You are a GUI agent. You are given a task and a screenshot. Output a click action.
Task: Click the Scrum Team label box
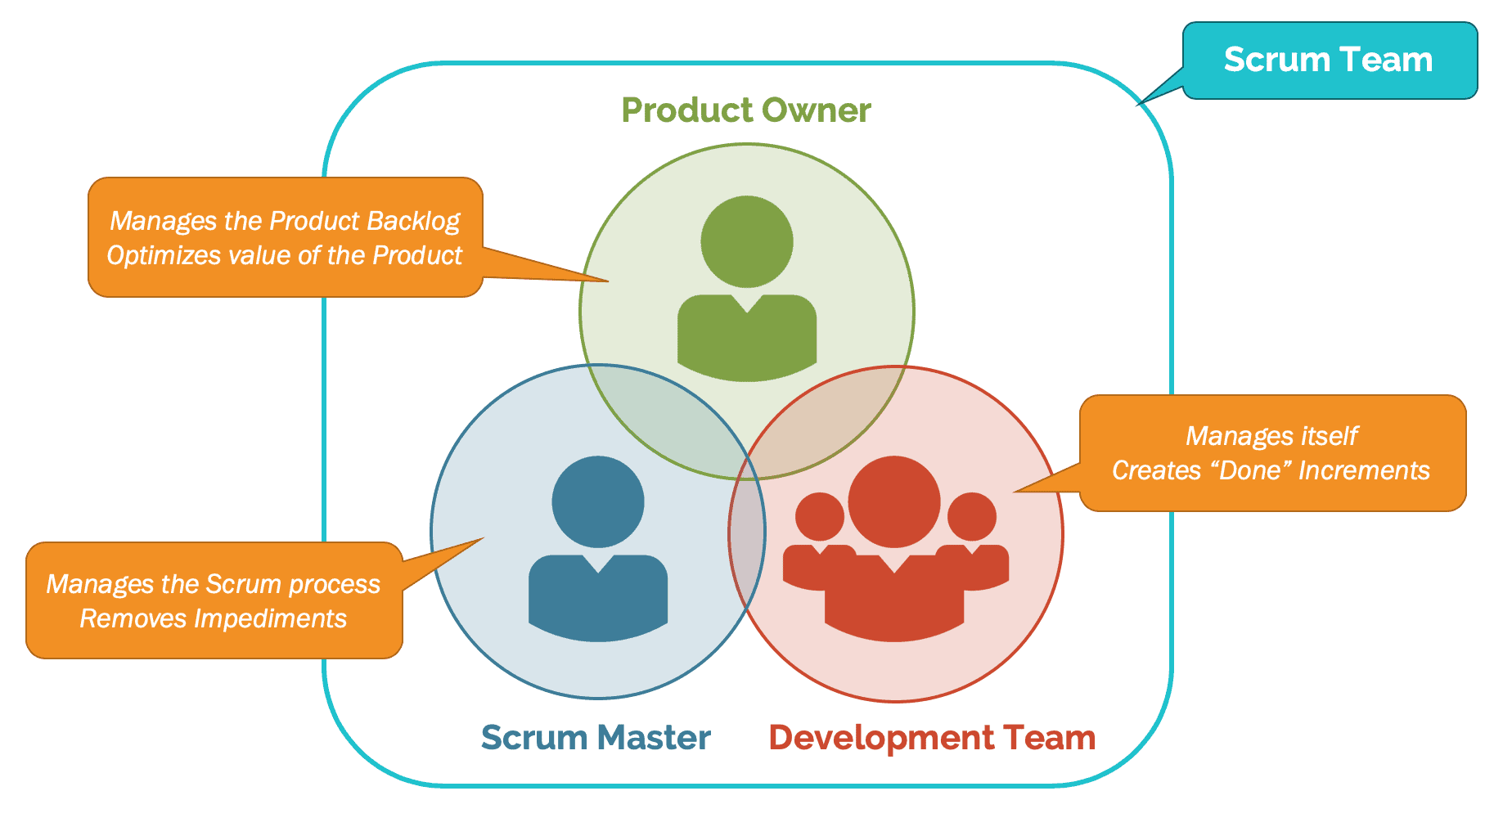coord(1329,61)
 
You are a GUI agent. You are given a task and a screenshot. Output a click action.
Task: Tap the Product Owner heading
coord(745,110)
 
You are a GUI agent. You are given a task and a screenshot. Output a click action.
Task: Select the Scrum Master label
coord(595,737)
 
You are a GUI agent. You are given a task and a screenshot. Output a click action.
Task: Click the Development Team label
coord(931,737)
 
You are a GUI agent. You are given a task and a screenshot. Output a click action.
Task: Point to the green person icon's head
coord(746,241)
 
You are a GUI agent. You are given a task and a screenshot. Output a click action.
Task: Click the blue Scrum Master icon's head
coord(598,501)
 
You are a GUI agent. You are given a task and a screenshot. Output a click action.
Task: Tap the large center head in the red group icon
coord(894,501)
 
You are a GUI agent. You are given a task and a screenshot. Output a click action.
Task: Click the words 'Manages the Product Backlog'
coord(284,221)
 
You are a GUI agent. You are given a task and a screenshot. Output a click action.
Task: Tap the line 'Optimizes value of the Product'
coord(284,255)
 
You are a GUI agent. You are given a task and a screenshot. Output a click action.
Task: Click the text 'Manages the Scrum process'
coord(213,584)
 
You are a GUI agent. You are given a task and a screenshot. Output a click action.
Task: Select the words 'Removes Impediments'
coord(213,618)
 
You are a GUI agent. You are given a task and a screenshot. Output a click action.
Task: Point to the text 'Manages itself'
coord(1271,436)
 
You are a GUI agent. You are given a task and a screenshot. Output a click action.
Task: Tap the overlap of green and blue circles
coord(671,417)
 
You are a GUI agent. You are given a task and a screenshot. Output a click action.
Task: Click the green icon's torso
coord(746,344)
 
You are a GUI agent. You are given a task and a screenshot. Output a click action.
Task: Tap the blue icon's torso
coord(598,601)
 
